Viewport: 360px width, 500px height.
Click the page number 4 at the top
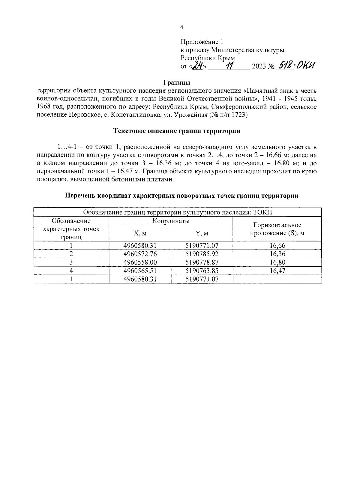pyautogui.click(x=181, y=27)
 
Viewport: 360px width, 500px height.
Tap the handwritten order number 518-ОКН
pyautogui.click(x=296, y=64)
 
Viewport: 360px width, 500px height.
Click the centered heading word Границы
pyautogui.click(x=177, y=82)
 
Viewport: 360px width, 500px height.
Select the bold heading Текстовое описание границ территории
pyautogui.click(x=177, y=131)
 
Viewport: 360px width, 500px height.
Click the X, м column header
pyautogui.click(x=140, y=233)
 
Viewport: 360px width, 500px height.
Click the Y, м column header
pyautogui.click(x=202, y=233)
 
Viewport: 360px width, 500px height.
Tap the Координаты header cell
pyautogui.click(x=171, y=221)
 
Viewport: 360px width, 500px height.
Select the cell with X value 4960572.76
pyautogui.click(x=140, y=254)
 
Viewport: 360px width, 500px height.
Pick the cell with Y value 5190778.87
pyautogui.click(x=202, y=262)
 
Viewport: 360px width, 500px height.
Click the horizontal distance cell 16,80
pyautogui.click(x=277, y=262)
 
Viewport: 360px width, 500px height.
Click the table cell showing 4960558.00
pyautogui.click(x=140, y=262)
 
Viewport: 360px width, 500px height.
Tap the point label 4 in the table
pyautogui.click(x=71, y=271)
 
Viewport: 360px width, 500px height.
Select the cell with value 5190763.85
pyautogui.click(x=202, y=271)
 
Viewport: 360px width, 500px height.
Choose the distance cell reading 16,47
pyautogui.click(x=277, y=271)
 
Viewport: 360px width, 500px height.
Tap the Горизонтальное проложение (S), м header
pyautogui.click(x=277, y=229)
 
